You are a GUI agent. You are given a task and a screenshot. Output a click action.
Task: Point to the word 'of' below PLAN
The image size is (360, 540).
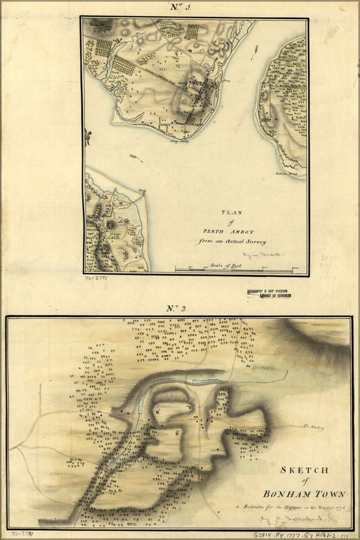pyautogui.click(x=231, y=221)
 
